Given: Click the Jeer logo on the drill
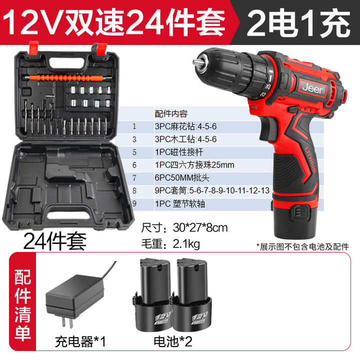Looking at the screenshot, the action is click(x=312, y=88).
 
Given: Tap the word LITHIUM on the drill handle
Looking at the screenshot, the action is click(x=310, y=160).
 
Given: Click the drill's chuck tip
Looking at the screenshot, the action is click(x=197, y=62).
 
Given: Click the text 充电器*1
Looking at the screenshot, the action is click(x=80, y=341).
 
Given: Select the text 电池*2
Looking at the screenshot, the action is click(x=172, y=341).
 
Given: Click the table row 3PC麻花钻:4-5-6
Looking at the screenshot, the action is click(x=185, y=126).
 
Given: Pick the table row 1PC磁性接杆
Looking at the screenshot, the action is click(x=179, y=152).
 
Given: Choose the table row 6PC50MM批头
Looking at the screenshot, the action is click(x=182, y=177).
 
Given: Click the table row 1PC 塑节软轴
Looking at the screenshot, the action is click(x=180, y=203).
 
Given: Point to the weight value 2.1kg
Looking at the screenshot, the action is click(x=186, y=244).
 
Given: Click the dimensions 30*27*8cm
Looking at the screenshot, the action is click(x=200, y=228).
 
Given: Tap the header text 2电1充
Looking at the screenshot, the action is click(x=298, y=22).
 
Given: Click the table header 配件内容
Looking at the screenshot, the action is click(x=171, y=113).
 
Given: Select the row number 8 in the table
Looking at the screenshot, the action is click(x=134, y=190).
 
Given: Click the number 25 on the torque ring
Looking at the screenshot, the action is click(x=268, y=87).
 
